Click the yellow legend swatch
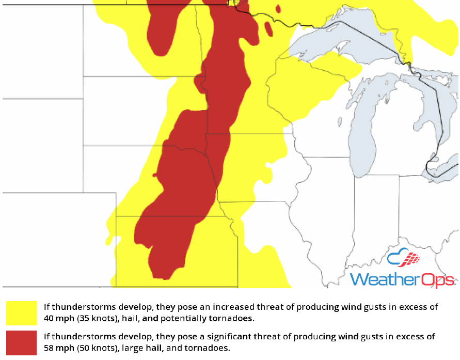[x=21, y=313]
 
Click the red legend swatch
[x=21, y=342]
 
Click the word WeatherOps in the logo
[x=402, y=279]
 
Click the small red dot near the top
[x=278, y=9]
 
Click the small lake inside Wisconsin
[x=340, y=122]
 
